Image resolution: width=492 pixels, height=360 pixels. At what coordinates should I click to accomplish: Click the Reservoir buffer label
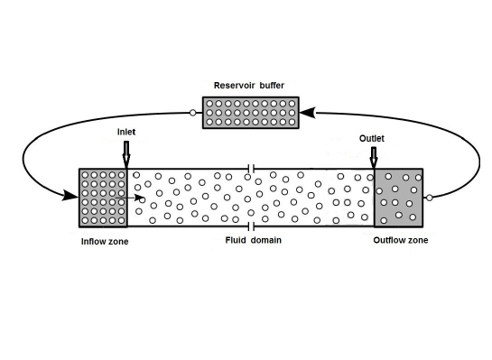click(x=247, y=86)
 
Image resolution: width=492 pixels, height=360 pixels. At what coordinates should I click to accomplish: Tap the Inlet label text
click(x=126, y=132)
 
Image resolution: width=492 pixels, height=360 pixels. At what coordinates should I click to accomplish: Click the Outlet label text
click(x=373, y=138)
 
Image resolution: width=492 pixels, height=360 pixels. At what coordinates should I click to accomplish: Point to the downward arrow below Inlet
click(x=125, y=154)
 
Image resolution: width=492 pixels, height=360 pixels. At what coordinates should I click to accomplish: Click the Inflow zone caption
click(x=98, y=241)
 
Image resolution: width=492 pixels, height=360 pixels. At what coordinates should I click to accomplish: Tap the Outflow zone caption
click(x=400, y=240)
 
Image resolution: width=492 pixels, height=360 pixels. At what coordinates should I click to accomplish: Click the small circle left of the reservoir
click(x=192, y=113)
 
